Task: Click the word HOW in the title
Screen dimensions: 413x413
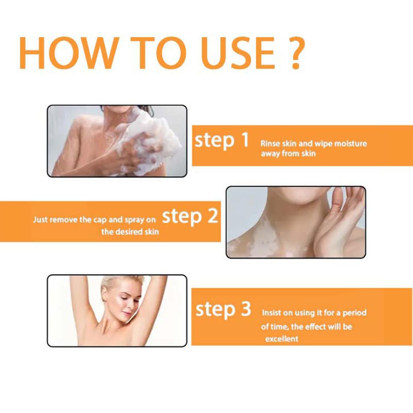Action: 69,53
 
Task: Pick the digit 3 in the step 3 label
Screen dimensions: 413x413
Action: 246,309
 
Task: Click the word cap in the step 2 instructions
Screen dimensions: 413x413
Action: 100,220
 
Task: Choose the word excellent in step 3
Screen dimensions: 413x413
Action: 282,339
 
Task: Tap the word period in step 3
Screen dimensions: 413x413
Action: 354,313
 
